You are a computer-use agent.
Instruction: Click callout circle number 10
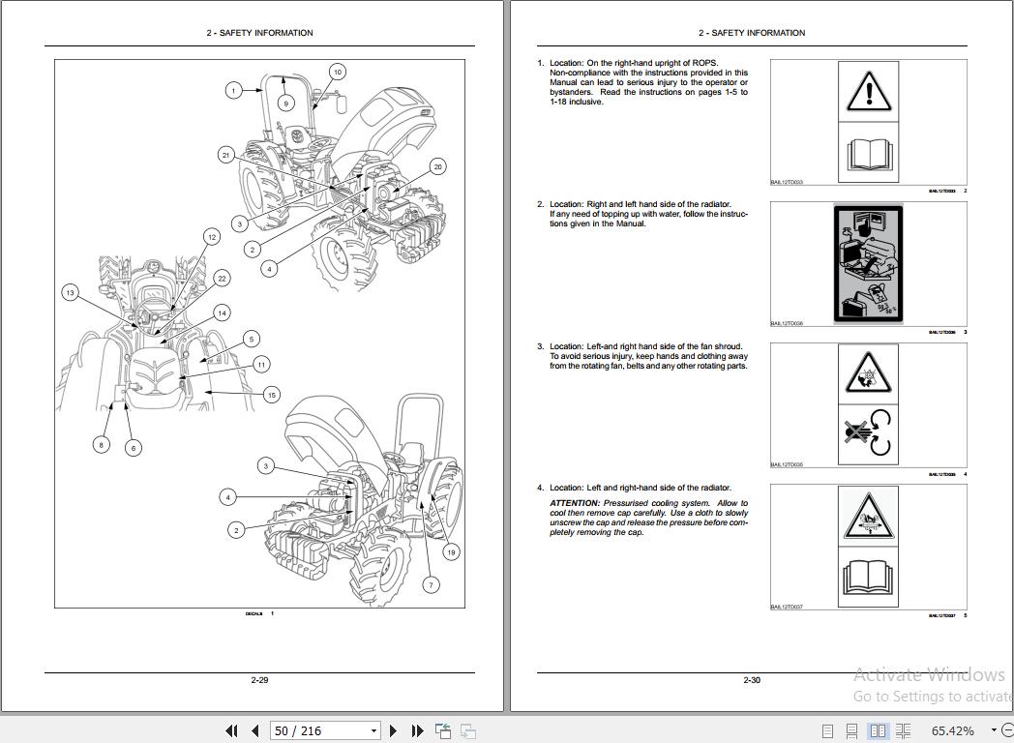point(337,72)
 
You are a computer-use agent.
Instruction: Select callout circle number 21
point(226,155)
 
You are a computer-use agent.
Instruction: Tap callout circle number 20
point(437,166)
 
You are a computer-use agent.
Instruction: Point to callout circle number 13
point(70,293)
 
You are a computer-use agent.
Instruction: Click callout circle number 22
point(222,279)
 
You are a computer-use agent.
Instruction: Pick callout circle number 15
point(272,395)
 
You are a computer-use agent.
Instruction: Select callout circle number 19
point(451,552)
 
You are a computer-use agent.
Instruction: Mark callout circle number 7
point(432,584)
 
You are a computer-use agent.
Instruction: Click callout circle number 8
point(102,445)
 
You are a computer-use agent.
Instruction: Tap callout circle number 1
point(233,91)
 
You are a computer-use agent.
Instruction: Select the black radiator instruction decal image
point(867,264)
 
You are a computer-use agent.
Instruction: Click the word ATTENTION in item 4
point(575,503)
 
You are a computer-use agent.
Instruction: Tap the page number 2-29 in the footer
point(259,680)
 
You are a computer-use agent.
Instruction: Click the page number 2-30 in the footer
point(752,680)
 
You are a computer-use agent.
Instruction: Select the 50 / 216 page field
point(319,730)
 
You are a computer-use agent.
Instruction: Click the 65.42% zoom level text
point(953,730)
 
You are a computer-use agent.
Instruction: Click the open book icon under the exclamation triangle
point(867,153)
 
